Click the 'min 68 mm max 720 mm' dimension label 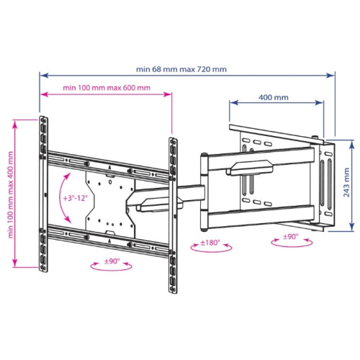(x=181, y=69)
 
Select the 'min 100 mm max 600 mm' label (x=107, y=88)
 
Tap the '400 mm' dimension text (x=274, y=97)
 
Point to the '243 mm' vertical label (x=346, y=182)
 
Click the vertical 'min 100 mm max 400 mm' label (x=11, y=194)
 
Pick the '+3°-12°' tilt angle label (x=76, y=198)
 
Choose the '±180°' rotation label (x=210, y=243)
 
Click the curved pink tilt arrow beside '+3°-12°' (x=60, y=198)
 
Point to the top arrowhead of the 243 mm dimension (x=351, y=144)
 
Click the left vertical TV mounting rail (x=43, y=194)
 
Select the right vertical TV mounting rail (x=173, y=215)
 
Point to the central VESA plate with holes (x=110, y=204)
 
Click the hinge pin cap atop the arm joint (x=204, y=155)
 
